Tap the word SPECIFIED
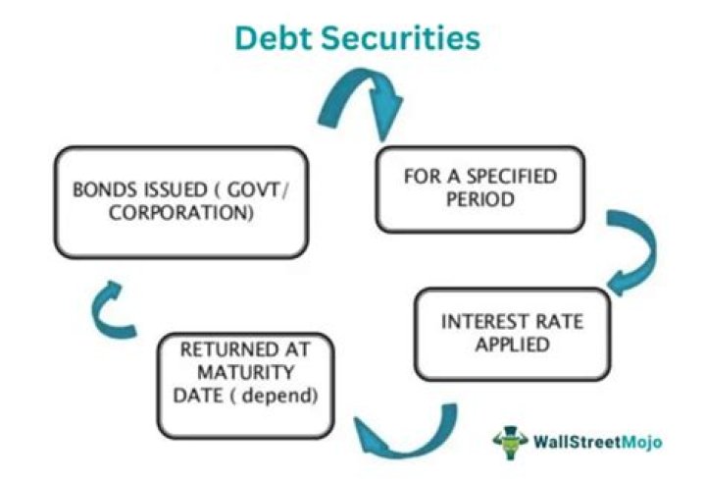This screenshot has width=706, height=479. pos(506,178)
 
